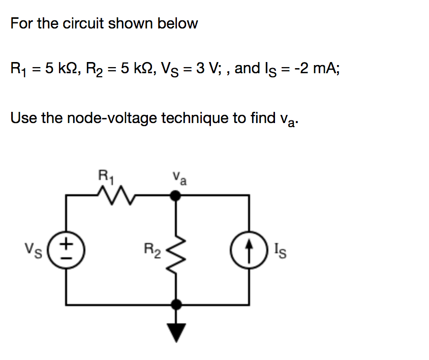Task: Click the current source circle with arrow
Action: point(249,249)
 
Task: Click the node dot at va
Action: point(176,194)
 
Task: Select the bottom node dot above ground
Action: point(176,305)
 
